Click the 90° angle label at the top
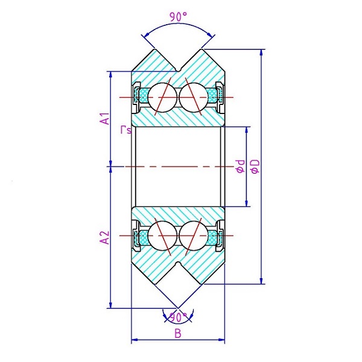(x=177, y=17)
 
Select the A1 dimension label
(x=104, y=118)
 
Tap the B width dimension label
(x=177, y=333)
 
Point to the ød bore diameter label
(x=240, y=166)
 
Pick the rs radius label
(x=125, y=129)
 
